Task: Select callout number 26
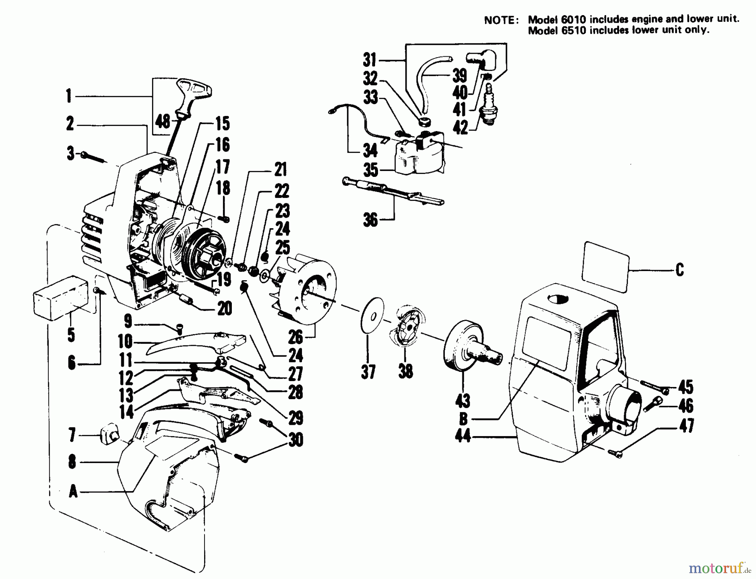pos(296,337)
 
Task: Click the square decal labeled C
pos(605,266)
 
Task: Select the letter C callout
pos(680,269)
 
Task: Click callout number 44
pos(462,437)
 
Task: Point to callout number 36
pos(370,220)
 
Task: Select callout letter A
pos(73,491)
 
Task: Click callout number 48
pos(163,122)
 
